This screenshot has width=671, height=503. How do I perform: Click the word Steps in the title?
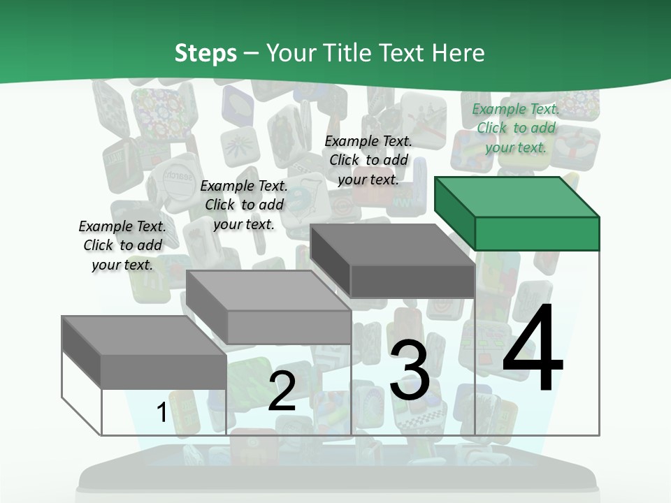[x=205, y=53]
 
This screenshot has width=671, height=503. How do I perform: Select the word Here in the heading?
[x=459, y=53]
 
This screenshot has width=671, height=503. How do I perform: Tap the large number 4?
[x=533, y=349]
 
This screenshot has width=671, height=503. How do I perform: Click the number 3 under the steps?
[x=410, y=370]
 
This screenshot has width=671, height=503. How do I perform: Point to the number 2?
[x=282, y=391]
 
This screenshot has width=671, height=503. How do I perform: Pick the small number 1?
[x=161, y=412]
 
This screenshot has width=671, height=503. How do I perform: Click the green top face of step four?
[x=517, y=197]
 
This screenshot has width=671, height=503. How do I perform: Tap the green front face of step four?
[x=537, y=233]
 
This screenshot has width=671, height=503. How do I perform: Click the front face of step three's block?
[x=412, y=282]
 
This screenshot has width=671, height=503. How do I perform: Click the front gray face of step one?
[x=164, y=371]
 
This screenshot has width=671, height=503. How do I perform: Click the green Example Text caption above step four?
[x=515, y=128]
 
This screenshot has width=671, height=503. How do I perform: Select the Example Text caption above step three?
[x=368, y=160]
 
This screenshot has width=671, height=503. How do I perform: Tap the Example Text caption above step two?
[x=244, y=205]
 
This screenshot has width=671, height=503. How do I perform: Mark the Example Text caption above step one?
[x=122, y=245]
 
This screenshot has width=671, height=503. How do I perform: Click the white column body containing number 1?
[x=133, y=412]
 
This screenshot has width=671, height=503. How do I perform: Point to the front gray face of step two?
[x=289, y=328]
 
